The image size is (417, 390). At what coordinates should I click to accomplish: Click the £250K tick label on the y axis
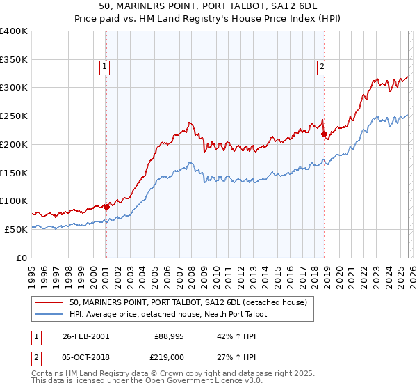[x=13, y=116]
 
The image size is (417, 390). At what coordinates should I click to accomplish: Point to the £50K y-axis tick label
[x=15, y=229]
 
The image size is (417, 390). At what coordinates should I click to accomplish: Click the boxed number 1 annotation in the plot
[x=104, y=67]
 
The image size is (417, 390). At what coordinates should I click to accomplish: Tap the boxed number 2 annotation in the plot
[x=322, y=67]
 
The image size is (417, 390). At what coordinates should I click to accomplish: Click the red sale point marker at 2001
[x=106, y=207]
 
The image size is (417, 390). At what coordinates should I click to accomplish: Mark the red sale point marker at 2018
[x=324, y=134]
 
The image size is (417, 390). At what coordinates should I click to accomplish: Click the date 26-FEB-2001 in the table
[x=85, y=336]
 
